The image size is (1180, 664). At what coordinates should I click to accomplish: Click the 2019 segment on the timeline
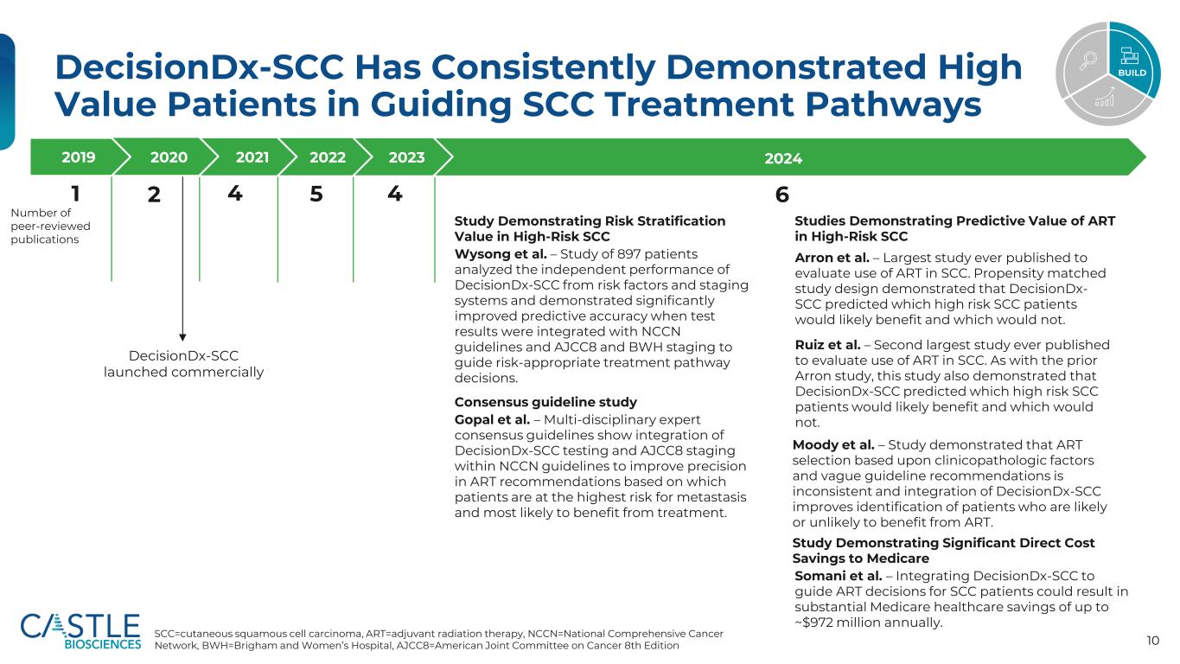(x=78, y=157)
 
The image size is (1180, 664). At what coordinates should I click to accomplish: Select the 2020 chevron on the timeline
(x=169, y=157)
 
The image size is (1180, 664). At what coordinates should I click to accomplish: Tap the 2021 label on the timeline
(x=252, y=157)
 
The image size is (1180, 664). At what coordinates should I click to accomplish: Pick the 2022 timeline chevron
(x=327, y=157)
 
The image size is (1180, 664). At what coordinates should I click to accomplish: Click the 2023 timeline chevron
(x=406, y=157)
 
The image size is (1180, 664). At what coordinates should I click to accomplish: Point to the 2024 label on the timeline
(x=783, y=158)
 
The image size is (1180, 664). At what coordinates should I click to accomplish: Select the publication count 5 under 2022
(x=316, y=195)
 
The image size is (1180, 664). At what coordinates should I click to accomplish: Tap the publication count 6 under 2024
(x=781, y=195)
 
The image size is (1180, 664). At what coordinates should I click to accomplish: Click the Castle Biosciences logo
(x=80, y=630)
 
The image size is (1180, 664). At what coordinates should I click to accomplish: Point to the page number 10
(x=1152, y=640)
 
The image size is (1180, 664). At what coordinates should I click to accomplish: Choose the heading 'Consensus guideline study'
(x=545, y=402)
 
